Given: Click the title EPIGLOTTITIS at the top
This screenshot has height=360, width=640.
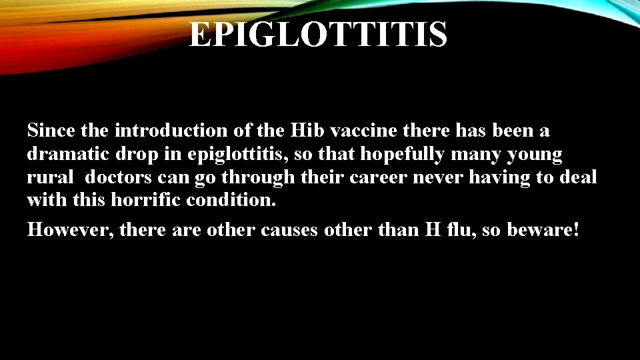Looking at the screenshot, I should tap(318, 34).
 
